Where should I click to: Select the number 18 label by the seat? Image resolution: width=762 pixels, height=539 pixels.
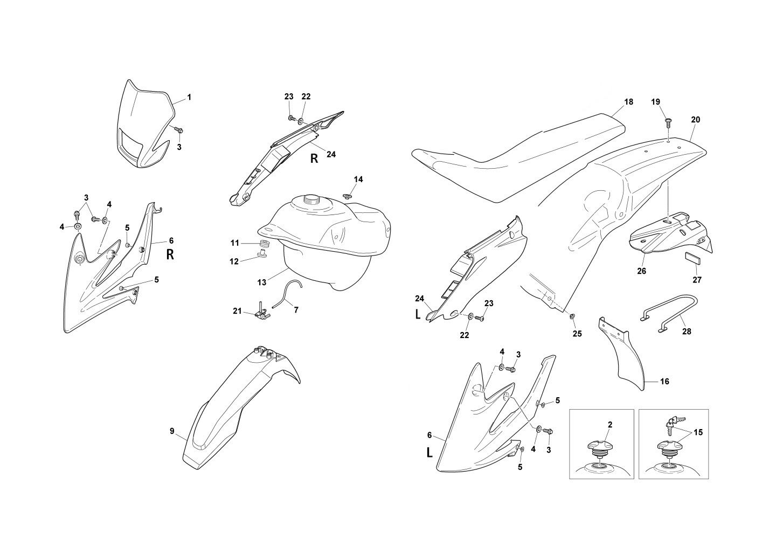tap(628, 102)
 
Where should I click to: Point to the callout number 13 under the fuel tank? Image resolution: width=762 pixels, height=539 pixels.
tap(262, 282)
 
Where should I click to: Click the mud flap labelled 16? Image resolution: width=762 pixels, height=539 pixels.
tap(622, 356)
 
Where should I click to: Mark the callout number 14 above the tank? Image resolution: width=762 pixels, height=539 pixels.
tap(358, 179)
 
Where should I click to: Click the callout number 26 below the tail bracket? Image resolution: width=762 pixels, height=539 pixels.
tap(641, 271)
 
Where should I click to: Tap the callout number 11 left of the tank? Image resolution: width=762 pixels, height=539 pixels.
tap(235, 243)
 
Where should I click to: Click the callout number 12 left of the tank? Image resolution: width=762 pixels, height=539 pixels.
tap(234, 261)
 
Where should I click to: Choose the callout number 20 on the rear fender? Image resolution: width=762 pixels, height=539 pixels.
tap(695, 120)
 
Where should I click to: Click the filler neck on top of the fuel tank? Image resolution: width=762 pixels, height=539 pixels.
tap(311, 201)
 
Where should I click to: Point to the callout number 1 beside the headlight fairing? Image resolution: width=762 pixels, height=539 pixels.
tap(189, 97)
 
